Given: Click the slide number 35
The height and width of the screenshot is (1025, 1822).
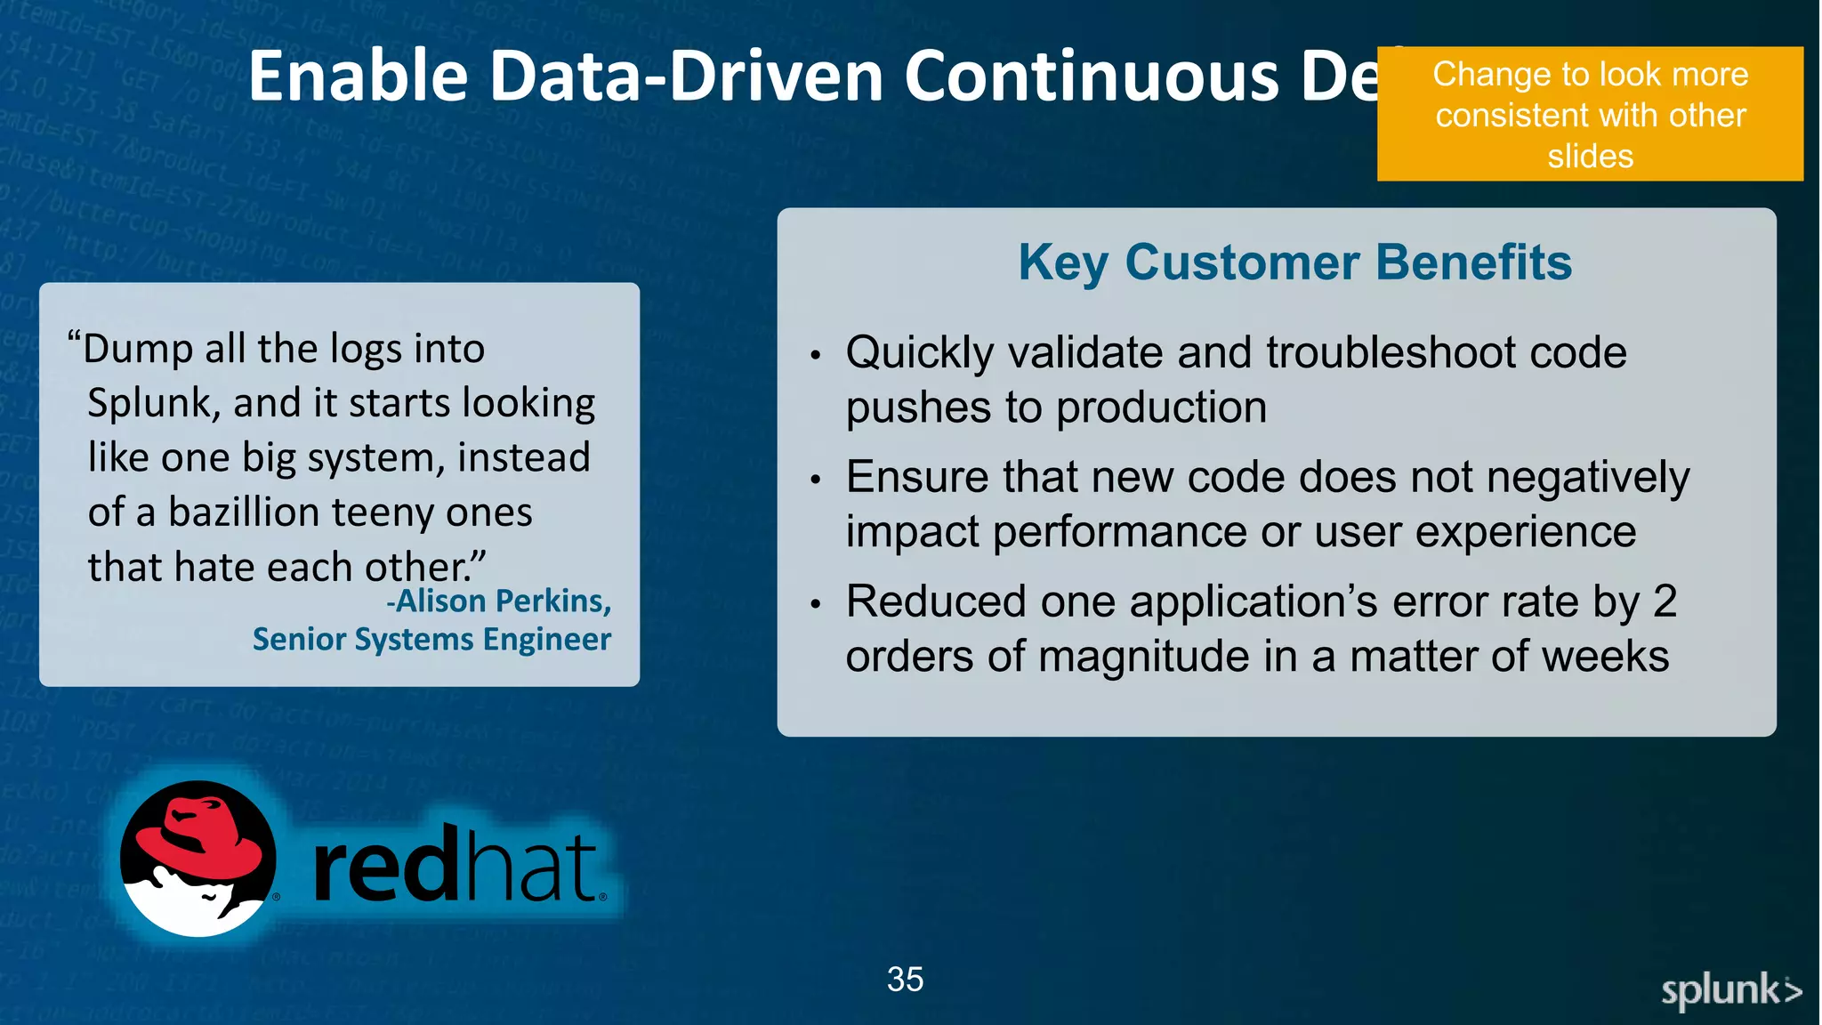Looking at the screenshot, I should click(905, 980).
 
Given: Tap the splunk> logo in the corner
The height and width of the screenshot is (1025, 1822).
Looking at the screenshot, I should click(1730, 990).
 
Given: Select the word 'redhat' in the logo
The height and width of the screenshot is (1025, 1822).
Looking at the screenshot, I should click(455, 866).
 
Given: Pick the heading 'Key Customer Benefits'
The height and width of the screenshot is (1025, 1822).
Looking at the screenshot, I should click(1294, 262).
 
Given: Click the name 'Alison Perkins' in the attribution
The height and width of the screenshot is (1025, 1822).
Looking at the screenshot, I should click(504, 601).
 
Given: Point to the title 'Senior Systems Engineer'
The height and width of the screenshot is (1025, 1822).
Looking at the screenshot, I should click(431, 640).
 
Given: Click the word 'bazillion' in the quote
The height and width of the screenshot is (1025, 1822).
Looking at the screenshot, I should click(244, 512).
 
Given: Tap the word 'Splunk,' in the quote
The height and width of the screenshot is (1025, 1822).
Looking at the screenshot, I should click(153, 404).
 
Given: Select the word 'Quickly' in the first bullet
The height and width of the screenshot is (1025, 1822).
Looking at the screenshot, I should click(919, 353).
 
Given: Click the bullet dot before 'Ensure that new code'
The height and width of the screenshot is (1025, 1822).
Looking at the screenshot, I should click(815, 480).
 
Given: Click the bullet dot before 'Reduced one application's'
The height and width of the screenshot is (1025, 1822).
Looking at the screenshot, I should click(815, 604).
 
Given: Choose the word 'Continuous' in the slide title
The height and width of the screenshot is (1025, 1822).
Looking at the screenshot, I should click(1092, 77).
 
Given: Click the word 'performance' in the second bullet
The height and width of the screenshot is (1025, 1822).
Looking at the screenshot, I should click(1119, 533).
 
